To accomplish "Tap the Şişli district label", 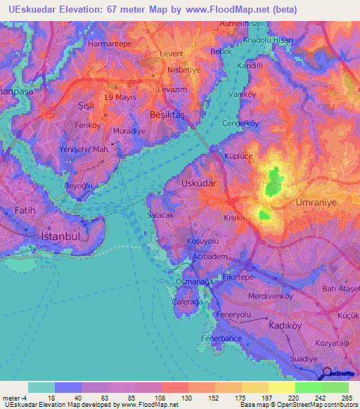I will click(x=86, y=105).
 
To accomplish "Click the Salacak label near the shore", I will click(x=161, y=216).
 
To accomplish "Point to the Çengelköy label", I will click(x=241, y=123).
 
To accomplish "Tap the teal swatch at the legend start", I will click(x=41, y=387).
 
